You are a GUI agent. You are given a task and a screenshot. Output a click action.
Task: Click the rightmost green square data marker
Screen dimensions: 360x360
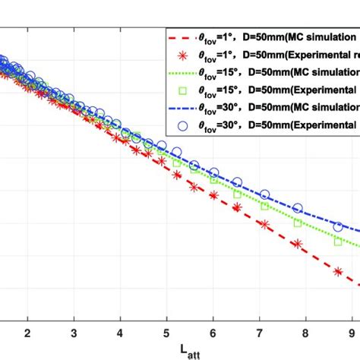[338, 242]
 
